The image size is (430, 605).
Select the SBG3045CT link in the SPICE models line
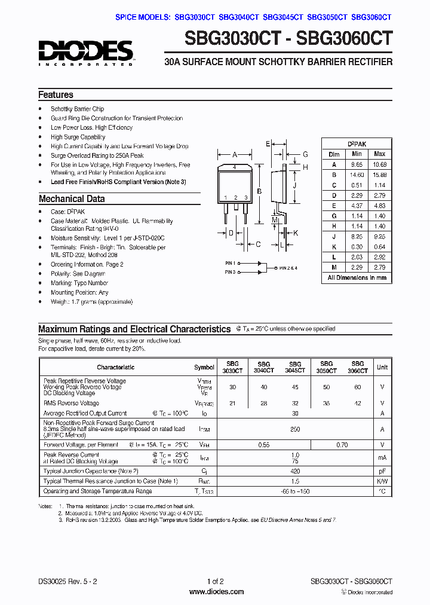(x=283, y=18)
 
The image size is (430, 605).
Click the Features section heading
(x=56, y=95)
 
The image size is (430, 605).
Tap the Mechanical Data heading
(x=72, y=199)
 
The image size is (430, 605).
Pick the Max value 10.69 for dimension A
(x=379, y=164)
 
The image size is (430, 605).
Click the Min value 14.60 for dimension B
(x=357, y=174)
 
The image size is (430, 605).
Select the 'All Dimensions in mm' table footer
(x=357, y=277)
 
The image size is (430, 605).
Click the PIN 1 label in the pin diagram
(x=231, y=262)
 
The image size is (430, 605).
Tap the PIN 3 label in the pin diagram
(x=231, y=272)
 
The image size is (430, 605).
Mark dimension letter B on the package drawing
(x=259, y=191)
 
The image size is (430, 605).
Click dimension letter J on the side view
(x=294, y=186)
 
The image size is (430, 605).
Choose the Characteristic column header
(x=116, y=367)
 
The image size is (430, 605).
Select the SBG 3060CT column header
(x=357, y=367)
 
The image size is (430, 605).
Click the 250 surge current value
(x=294, y=429)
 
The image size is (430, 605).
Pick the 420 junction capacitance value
(x=294, y=471)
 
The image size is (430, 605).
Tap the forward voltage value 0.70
(x=342, y=445)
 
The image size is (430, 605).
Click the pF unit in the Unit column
(x=382, y=471)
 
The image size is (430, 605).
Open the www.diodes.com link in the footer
(x=216, y=592)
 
